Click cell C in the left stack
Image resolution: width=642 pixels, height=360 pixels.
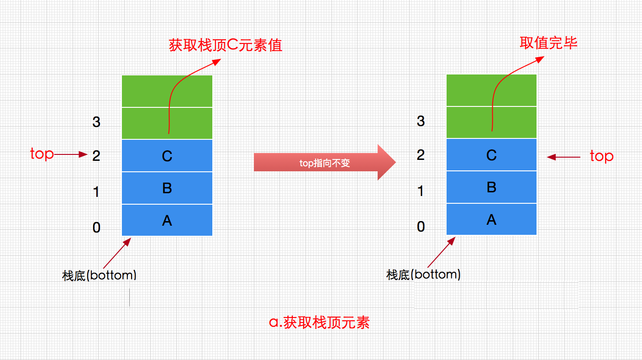coord(167,156)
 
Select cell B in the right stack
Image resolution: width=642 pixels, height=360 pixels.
coord(491,187)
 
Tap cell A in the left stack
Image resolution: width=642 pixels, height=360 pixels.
coord(167,220)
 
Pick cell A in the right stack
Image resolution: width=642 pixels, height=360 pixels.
coord(491,219)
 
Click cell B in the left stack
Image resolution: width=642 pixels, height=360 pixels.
coord(167,188)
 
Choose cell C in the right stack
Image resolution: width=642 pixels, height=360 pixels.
coord(491,155)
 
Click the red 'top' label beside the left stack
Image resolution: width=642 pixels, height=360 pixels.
coord(42,154)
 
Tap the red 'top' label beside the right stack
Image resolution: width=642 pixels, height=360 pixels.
coord(601,156)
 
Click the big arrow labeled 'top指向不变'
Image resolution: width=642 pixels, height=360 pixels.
coord(324,163)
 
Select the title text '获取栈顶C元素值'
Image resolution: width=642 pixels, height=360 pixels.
coord(226,45)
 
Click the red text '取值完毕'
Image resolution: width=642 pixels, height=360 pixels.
coord(548,43)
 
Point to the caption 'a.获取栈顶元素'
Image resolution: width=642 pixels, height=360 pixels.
coord(319,323)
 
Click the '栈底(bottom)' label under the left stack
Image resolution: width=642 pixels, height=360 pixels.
coord(100,275)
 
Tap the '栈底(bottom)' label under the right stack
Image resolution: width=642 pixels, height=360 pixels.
coord(423,275)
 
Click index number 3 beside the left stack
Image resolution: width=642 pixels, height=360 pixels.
coord(96,122)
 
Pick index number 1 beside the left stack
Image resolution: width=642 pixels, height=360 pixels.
coord(96,192)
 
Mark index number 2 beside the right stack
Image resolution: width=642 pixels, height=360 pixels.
coord(421,155)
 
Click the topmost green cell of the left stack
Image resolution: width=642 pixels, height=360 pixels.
coord(167,91)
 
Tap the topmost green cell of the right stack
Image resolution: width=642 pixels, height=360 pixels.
coord(491,90)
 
